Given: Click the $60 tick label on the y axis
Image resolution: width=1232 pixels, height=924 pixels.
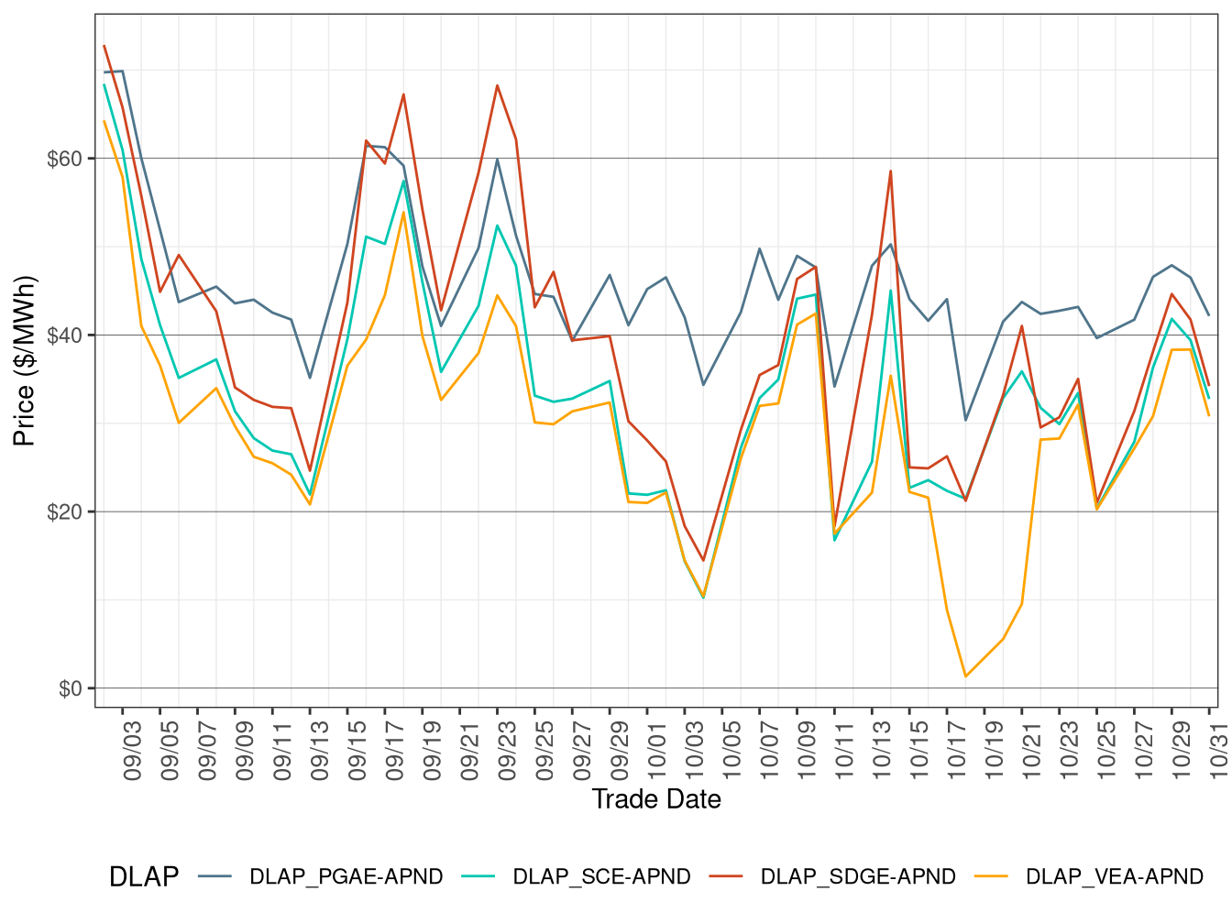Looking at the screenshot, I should coord(64,159).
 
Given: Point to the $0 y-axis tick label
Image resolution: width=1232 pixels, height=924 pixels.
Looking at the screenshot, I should coord(70,688).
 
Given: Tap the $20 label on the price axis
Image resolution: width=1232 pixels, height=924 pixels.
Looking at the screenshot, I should coord(64,511).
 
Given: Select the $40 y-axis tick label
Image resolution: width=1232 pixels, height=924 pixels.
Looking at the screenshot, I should coord(64,335).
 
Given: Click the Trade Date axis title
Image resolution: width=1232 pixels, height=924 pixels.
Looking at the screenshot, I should coord(656,799).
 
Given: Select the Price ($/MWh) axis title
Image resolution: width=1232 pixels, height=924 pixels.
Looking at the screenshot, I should coord(24,361).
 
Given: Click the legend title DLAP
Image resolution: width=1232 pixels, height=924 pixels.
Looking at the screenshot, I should coord(144,877).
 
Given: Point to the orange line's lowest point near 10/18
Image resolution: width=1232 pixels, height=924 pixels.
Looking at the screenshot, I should coord(965,676).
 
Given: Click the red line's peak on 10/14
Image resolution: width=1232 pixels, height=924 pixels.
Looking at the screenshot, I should coord(890,170).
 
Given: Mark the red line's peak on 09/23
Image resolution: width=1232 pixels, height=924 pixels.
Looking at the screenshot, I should coord(498,85).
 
